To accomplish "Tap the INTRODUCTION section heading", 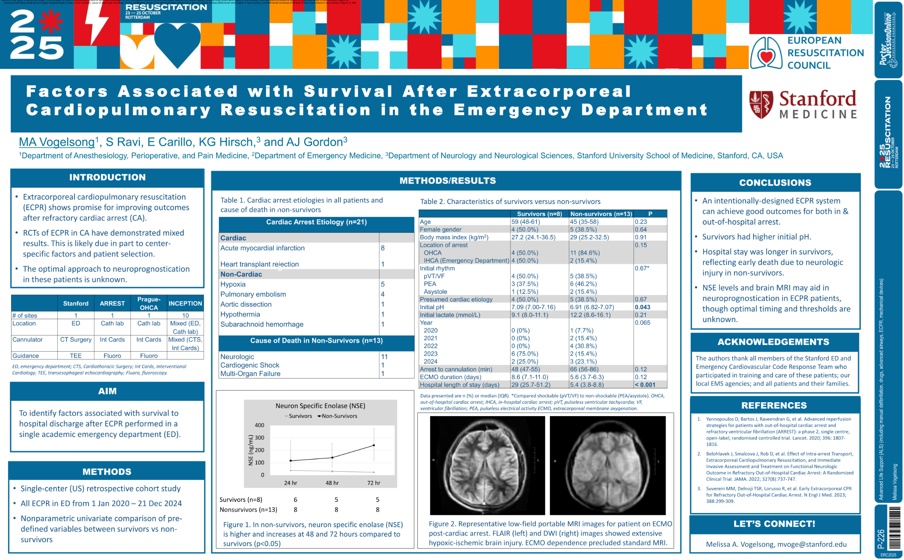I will coord(107,177).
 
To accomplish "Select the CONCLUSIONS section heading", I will coord(775,183).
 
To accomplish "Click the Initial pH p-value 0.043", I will coord(642,307).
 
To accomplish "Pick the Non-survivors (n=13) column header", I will coord(601,214).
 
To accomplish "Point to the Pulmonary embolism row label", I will coord(253,294).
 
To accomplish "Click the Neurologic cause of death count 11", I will coord(384,357).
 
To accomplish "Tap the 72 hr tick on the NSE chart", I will coord(373,483).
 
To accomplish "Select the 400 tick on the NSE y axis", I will coord(259,425).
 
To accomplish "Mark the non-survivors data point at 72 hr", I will coord(373,445).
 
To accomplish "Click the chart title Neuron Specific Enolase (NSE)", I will coord(320,406).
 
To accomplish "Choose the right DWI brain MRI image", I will coord(607,465).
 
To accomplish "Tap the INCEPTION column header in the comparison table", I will coord(185,303).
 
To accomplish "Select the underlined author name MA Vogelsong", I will coord(57,142).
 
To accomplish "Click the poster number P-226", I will coord(881,539).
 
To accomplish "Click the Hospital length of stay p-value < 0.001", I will coord(645,385).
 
